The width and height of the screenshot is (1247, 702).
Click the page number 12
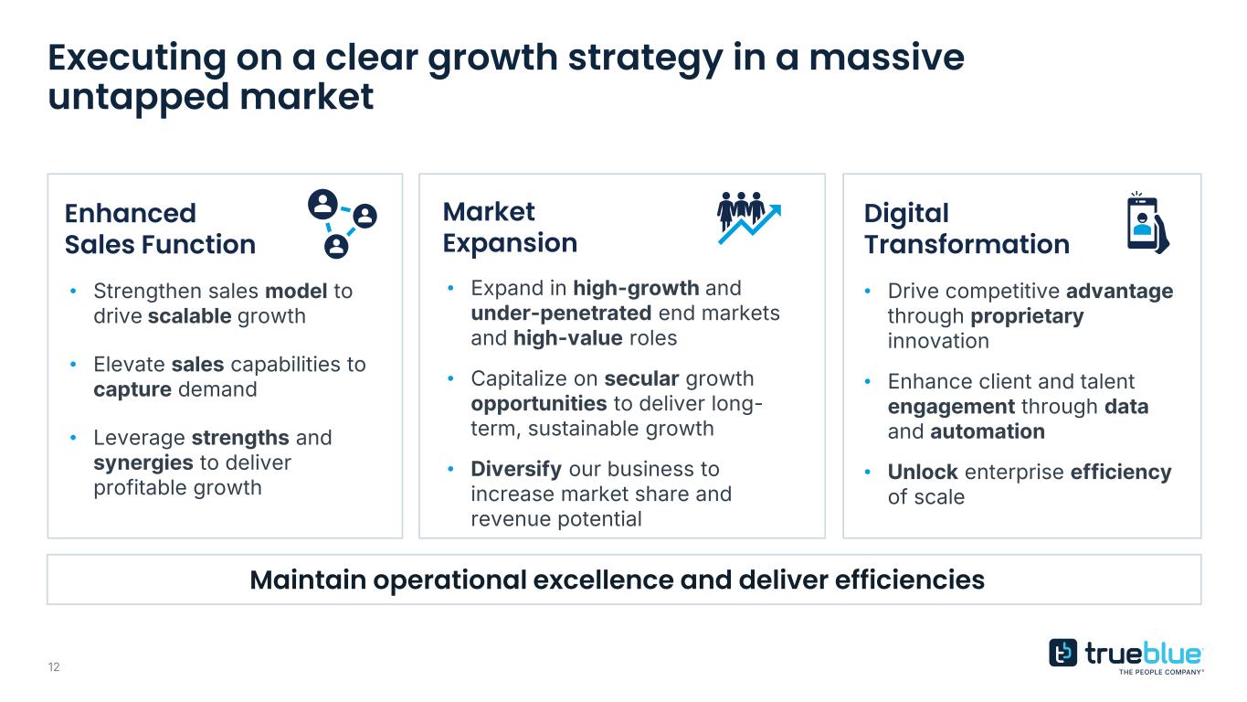(x=54, y=667)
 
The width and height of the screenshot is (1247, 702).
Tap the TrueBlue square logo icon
(x=1062, y=653)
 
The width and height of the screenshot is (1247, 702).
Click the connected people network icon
(x=343, y=224)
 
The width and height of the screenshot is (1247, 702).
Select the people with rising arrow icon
(x=749, y=218)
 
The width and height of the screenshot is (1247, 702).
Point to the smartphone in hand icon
(x=1148, y=223)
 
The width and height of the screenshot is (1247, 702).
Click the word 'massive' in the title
(x=886, y=58)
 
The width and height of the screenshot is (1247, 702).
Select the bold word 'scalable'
(x=189, y=316)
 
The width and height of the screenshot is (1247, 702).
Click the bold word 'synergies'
(x=143, y=463)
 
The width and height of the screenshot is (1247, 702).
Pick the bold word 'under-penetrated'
(x=561, y=314)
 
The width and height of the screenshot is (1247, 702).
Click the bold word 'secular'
(x=641, y=378)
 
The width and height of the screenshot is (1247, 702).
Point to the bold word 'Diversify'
(x=516, y=469)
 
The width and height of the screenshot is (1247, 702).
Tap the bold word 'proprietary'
(x=1027, y=316)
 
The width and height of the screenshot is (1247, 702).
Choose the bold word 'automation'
(x=987, y=431)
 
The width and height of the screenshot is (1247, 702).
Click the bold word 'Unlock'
(x=923, y=472)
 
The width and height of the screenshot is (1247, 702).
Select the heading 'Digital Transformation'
(x=967, y=229)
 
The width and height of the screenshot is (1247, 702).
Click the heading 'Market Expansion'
(x=510, y=228)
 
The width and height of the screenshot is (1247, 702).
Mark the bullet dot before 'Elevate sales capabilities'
(x=73, y=365)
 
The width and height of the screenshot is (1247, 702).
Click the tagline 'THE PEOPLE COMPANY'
(x=1161, y=672)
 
